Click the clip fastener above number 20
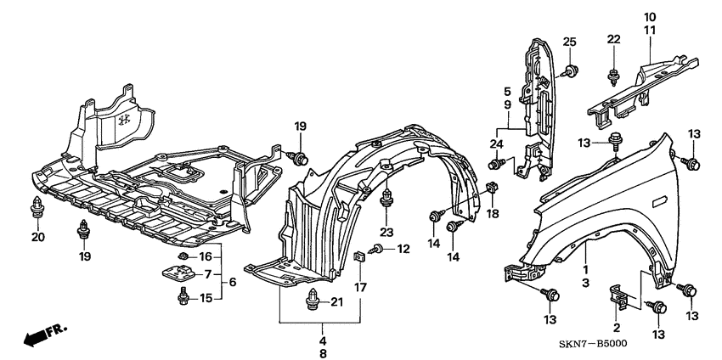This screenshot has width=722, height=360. (37, 206)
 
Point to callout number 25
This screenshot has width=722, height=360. (569, 42)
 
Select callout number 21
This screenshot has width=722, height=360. (336, 301)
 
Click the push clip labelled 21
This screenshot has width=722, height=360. (312, 300)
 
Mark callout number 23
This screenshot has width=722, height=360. (387, 232)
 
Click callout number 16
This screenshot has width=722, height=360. (205, 256)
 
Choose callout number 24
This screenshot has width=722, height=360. (495, 143)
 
